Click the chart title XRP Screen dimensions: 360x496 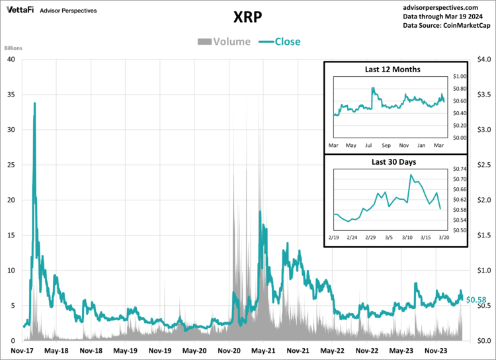click(247, 16)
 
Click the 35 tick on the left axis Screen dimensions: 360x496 click(11, 94)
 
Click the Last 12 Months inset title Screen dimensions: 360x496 click(393, 69)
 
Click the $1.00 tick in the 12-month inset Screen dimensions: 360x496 click(459, 77)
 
